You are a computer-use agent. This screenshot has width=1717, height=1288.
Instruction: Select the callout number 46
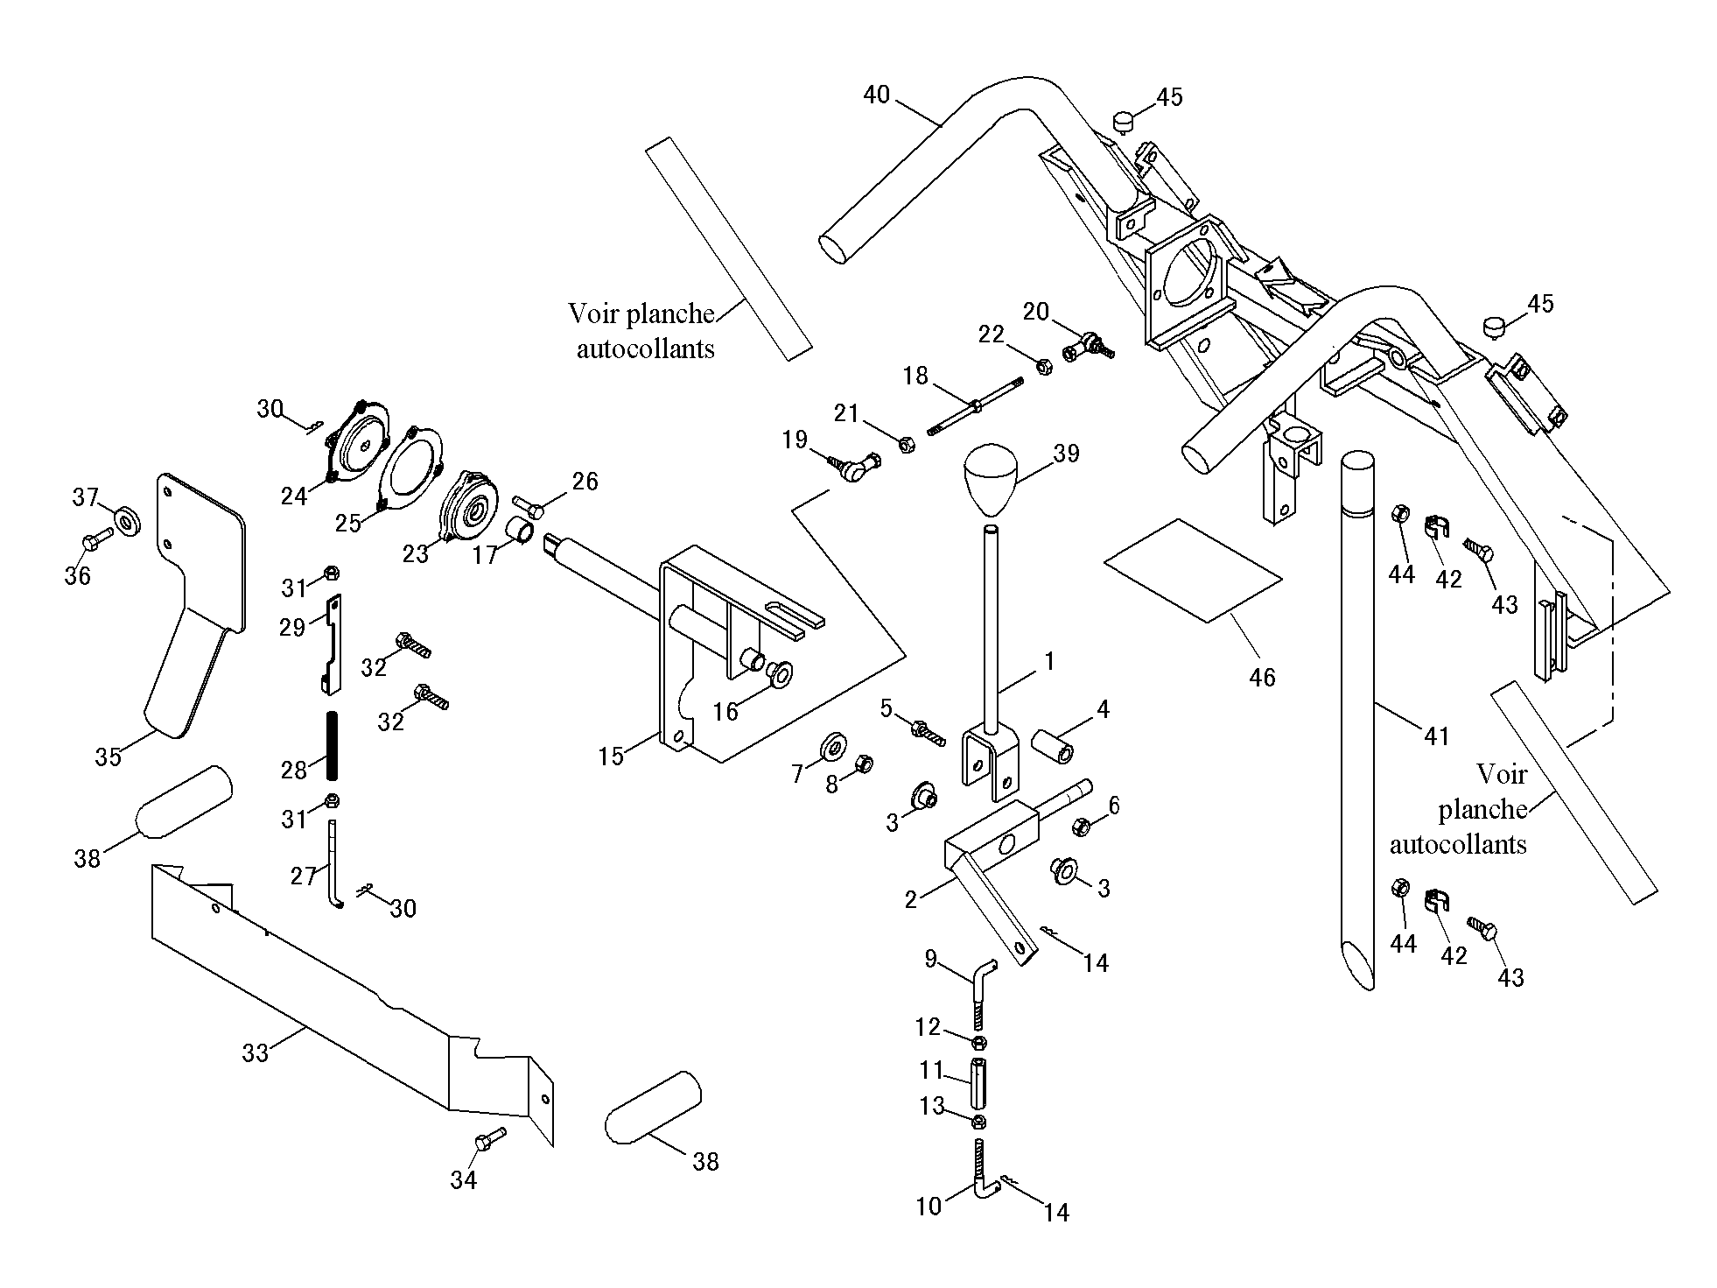(1262, 677)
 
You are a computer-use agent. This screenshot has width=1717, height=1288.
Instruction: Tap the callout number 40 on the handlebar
(876, 95)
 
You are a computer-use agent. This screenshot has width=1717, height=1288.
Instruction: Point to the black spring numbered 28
(333, 745)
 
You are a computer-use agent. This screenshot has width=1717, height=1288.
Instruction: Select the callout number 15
(611, 755)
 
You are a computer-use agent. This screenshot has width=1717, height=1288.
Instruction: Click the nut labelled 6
(1080, 825)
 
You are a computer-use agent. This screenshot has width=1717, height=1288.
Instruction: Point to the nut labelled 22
(1043, 365)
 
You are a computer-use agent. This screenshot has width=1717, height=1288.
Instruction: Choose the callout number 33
(255, 1052)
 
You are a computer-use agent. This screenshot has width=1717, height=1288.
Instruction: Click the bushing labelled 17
(522, 531)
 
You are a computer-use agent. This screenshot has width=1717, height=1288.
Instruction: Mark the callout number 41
(1437, 736)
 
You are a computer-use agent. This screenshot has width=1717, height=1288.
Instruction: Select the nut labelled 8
(861, 764)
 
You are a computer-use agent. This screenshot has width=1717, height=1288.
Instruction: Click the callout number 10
(929, 1207)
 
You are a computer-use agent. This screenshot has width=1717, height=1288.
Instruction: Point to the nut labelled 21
(907, 444)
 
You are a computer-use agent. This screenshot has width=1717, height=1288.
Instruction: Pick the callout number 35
(108, 757)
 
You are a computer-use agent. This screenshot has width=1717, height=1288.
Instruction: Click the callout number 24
(294, 496)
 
